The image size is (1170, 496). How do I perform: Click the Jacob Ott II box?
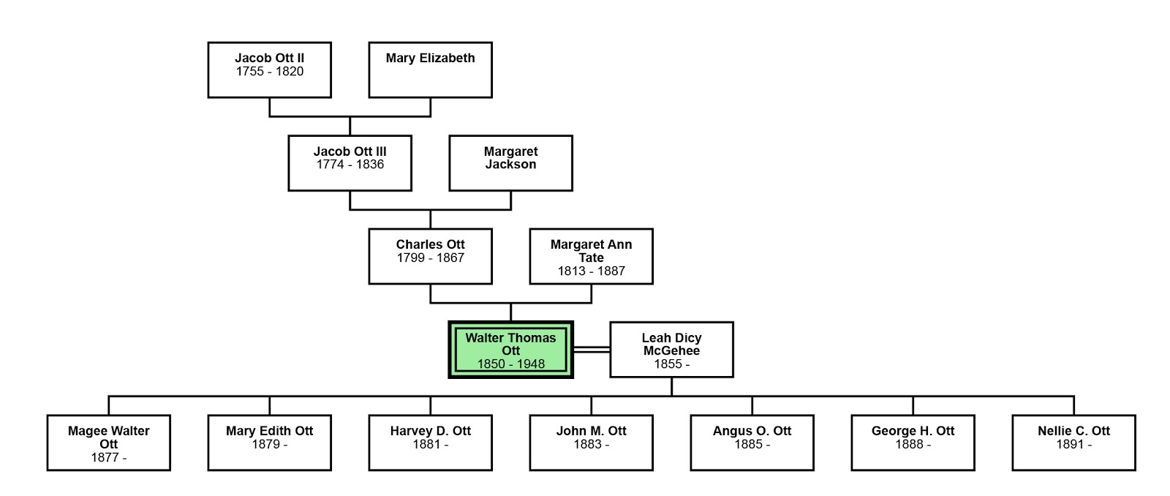point(269,70)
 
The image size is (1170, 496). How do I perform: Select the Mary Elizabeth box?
point(430,70)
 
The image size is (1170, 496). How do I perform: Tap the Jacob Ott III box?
point(350,163)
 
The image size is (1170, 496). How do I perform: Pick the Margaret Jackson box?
point(510,163)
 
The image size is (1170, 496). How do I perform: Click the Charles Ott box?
point(430,256)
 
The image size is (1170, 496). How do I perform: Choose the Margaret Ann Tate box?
point(591,256)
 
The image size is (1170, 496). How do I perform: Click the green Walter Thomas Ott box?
point(510,350)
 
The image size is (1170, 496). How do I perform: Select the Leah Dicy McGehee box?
point(671,350)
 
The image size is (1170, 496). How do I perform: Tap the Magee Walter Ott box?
point(108,443)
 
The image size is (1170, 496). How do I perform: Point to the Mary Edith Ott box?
point(269,443)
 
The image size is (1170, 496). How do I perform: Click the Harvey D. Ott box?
point(430,443)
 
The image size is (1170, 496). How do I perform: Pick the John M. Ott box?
point(591,443)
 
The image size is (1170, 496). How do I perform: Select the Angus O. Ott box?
point(752,443)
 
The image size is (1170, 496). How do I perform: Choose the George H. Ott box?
point(913,443)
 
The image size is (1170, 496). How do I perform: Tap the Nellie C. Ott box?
point(1073,443)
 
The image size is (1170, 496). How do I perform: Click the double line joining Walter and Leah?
point(592,350)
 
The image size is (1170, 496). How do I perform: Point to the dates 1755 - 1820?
point(269,72)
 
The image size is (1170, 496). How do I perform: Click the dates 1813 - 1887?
point(591,271)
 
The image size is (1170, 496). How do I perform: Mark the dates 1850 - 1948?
point(510,364)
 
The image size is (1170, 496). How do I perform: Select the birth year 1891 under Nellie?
point(1069,445)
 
